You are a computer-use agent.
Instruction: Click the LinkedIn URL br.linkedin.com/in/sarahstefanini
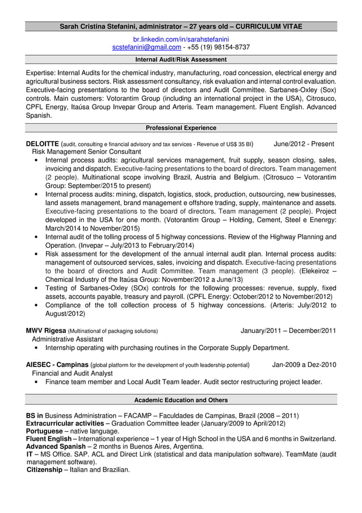[x=181, y=39]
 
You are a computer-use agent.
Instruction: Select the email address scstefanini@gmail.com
[x=146, y=47]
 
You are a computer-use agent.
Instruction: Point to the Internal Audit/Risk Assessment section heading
[x=181, y=60]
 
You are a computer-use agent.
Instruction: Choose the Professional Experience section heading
[x=181, y=128]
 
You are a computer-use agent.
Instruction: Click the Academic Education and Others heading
[x=181, y=400]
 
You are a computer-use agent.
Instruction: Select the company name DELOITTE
[x=43, y=144]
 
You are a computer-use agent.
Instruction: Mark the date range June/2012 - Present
[x=304, y=144]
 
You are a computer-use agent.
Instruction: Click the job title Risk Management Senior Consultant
[x=86, y=152]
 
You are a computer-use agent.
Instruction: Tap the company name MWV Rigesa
[x=46, y=331]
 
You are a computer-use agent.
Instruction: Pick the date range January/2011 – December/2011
[x=288, y=331]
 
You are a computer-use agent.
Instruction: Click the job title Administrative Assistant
[x=68, y=339]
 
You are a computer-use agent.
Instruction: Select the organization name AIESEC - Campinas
[x=57, y=365]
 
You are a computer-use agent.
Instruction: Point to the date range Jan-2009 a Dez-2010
[x=304, y=365]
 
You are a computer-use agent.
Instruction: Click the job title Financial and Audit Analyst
[x=72, y=373]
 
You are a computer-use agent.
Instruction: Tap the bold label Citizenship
[x=45, y=470]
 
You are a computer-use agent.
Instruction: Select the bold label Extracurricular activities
[x=65, y=423]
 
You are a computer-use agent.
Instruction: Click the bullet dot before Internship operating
[x=37, y=348]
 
